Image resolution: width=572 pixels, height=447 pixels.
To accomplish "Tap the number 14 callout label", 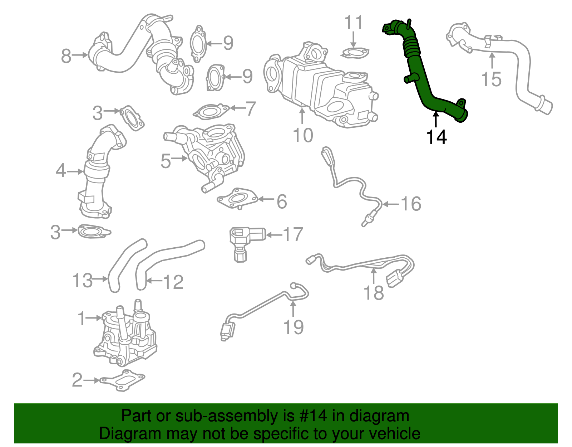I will click(437, 137).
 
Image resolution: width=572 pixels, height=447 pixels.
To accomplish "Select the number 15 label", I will click(491, 79).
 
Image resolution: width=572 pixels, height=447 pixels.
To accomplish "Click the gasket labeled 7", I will click(211, 112).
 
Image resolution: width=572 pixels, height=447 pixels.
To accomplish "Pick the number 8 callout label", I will click(66, 56).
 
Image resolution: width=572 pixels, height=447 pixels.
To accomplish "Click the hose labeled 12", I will click(168, 254).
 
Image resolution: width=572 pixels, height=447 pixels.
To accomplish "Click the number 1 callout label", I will click(82, 318).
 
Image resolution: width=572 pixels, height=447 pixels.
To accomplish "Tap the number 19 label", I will click(294, 327).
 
